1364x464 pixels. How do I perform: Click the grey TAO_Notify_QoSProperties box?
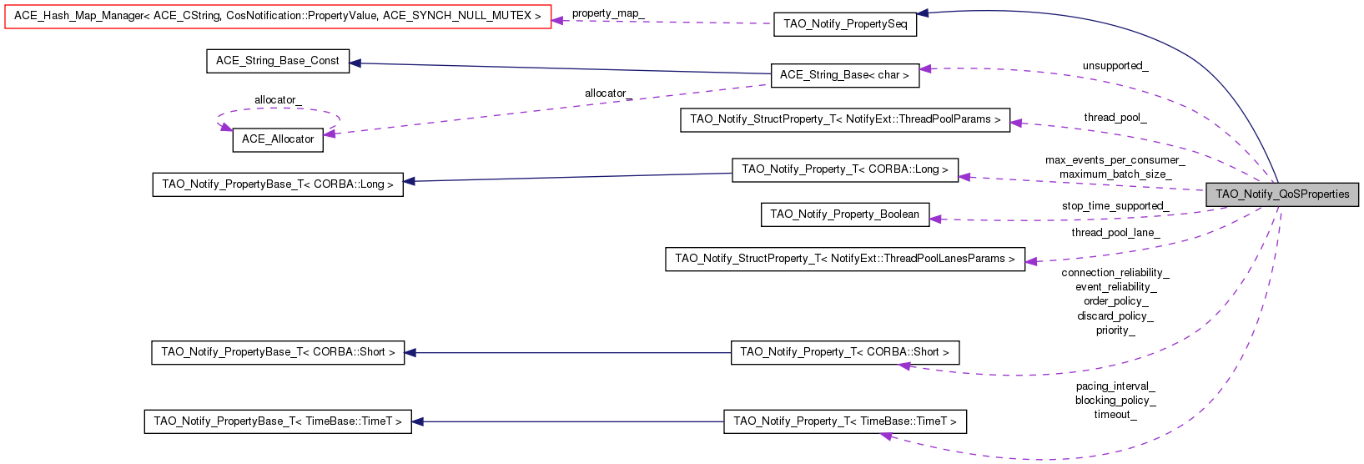(1281, 194)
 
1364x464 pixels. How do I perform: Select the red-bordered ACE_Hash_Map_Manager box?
(278, 16)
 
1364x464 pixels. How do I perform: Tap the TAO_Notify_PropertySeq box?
(845, 24)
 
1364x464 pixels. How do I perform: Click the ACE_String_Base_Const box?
(278, 61)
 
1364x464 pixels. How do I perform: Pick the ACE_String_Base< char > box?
(844, 75)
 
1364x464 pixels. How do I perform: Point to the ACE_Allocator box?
(278, 139)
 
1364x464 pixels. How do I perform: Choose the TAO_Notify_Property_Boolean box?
(845, 214)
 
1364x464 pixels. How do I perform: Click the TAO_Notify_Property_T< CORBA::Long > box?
(845, 170)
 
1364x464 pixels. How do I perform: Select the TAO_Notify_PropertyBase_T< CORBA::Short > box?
(278, 352)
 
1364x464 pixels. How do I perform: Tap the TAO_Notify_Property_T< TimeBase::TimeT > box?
(845, 421)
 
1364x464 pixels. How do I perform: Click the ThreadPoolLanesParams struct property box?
(845, 259)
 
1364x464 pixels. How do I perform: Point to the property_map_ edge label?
(608, 13)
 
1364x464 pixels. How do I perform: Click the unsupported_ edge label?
(1115, 66)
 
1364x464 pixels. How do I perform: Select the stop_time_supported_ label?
(1115, 206)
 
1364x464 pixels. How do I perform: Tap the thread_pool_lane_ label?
(1115, 233)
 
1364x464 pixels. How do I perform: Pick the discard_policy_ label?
(1115, 316)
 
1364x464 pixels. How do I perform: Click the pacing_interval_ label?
(1115, 386)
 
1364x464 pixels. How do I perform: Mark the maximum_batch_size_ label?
(1115, 174)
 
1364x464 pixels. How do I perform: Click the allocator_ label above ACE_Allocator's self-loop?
(279, 100)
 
